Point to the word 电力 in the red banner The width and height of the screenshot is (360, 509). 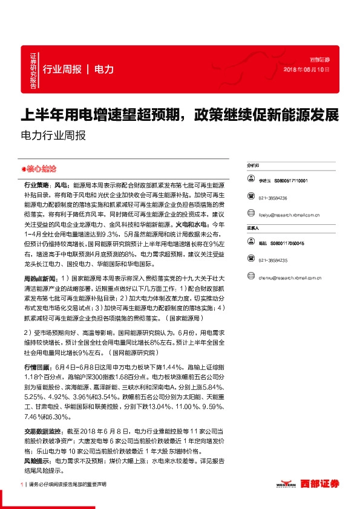click(x=104, y=69)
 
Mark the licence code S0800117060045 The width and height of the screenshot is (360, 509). click(x=287, y=243)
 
